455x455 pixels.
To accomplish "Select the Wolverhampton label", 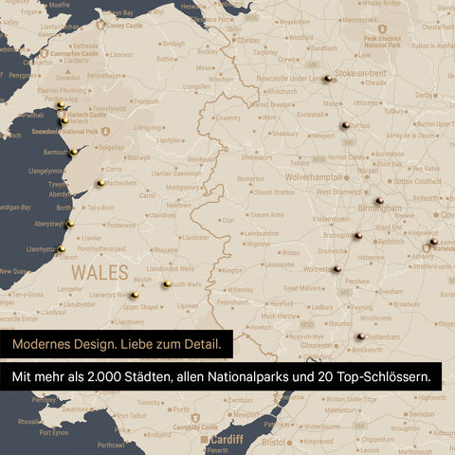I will (311, 176).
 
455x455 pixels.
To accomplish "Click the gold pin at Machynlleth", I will (100, 183).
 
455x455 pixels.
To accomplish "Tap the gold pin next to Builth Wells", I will (167, 283).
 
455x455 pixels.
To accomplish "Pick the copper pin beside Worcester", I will (337, 269).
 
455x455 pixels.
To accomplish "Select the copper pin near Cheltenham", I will (361, 336).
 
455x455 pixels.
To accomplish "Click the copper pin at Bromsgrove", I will (358, 235).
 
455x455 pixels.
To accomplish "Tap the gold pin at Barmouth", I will (73, 151).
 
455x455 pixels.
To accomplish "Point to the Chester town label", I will (248, 41).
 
